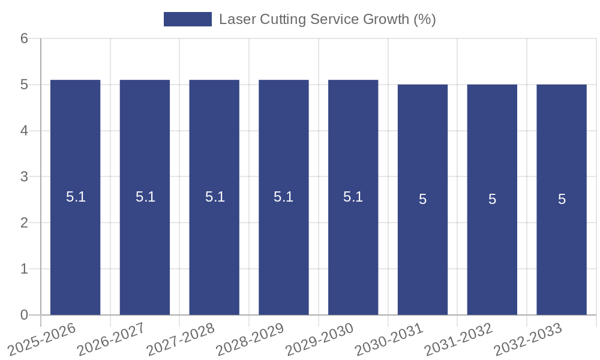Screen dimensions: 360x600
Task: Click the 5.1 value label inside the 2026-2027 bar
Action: [145, 197]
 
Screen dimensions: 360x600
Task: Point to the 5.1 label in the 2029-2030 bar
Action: [353, 197]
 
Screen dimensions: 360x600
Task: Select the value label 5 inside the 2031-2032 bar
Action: [492, 199]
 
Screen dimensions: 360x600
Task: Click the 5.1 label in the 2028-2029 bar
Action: [283, 197]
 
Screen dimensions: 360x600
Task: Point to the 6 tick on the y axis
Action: [24, 39]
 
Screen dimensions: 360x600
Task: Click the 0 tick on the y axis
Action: [24, 315]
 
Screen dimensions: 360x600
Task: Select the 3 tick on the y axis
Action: [24, 177]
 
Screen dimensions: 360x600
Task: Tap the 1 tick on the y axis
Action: [24, 269]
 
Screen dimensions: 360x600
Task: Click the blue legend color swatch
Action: [187, 19]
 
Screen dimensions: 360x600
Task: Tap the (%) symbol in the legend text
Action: [425, 19]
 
